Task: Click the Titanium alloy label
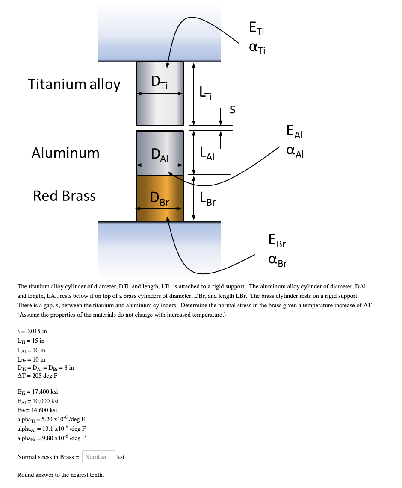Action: click(x=74, y=84)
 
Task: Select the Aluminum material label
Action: click(x=65, y=153)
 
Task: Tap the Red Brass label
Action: click(x=65, y=196)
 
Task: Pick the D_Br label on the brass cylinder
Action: click(x=160, y=199)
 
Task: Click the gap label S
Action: click(x=232, y=110)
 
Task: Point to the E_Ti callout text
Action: click(x=257, y=29)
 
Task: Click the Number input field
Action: click(x=98, y=457)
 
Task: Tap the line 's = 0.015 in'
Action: click(x=32, y=331)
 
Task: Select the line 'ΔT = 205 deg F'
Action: click(x=37, y=376)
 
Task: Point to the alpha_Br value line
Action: click(x=51, y=438)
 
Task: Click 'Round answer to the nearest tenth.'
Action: click(x=60, y=475)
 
